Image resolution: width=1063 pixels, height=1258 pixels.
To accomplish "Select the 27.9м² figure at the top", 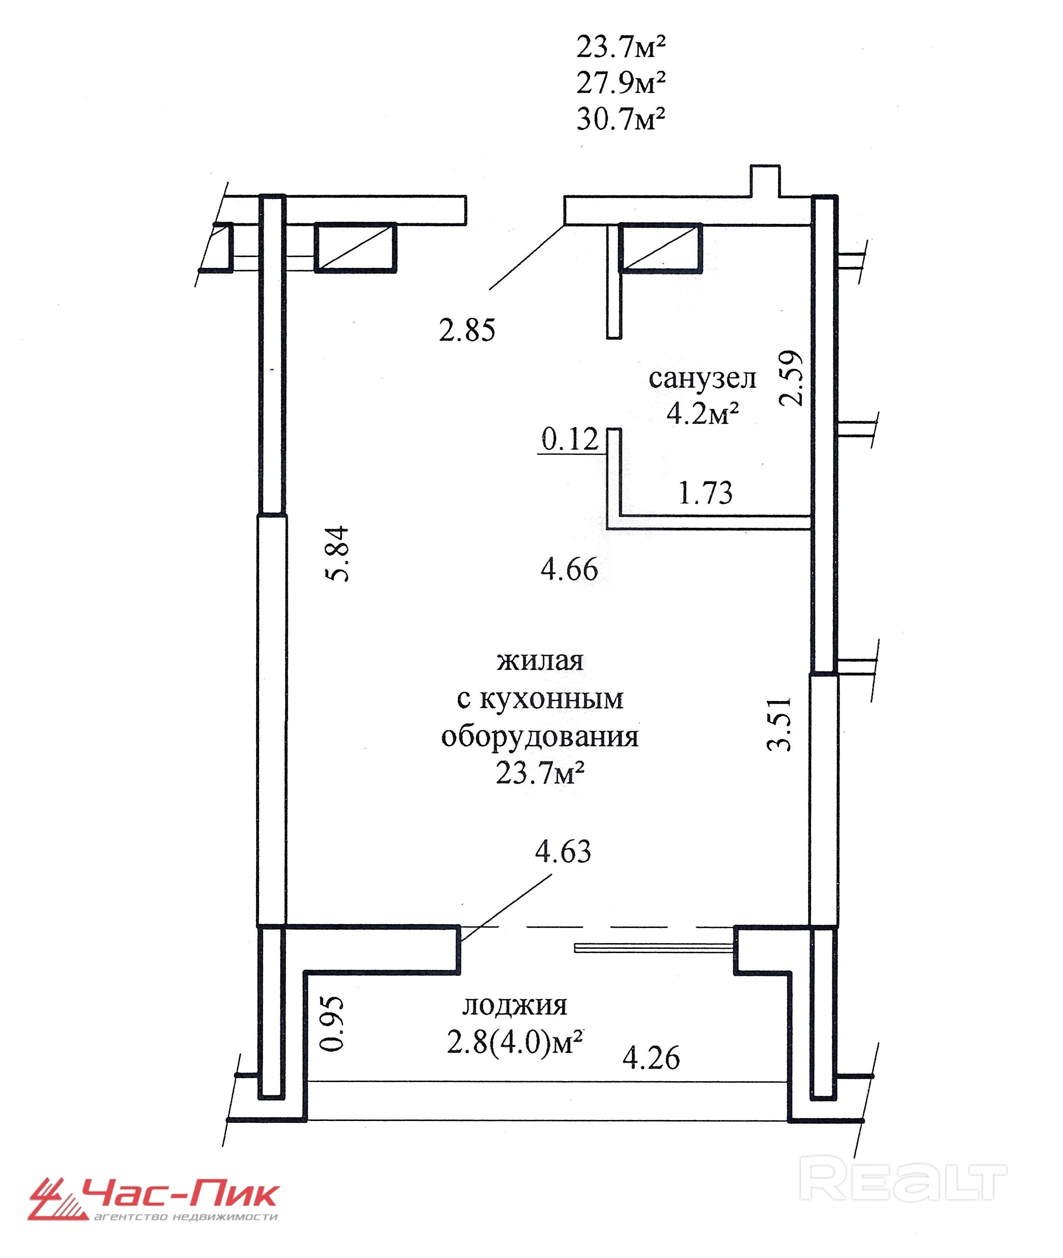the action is tap(621, 83).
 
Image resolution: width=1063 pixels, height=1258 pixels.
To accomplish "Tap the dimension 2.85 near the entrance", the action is tap(467, 330).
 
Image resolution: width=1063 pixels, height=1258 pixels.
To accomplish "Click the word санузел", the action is tap(702, 379).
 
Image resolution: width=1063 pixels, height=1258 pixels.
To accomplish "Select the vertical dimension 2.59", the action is tap(791, 378).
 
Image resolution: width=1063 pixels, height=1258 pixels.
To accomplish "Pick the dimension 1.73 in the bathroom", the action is tap(706, 493).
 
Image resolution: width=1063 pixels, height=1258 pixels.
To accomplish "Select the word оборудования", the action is tap(540, 737).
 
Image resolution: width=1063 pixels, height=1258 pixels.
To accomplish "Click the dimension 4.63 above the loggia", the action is tap(564, 852).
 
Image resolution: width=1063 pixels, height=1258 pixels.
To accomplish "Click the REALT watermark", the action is tap(905, 1182).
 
